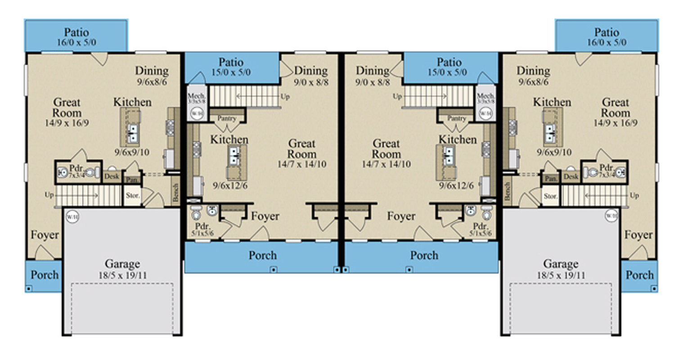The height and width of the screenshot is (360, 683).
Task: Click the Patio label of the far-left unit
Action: pyautogui.click(x=76, y=32)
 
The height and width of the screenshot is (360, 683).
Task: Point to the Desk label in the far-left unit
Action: pyautogui.click(x=112, y=176)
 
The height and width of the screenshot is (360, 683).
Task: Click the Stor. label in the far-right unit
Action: pyautogui.click(x=551, y=197)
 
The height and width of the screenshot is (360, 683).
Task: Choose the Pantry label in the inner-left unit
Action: pyautogui.click(x=227, y=118)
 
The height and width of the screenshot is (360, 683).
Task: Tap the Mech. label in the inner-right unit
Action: pyautogui.click(x=485, y=96)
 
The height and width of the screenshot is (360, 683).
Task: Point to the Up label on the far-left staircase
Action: pyautogui.click(x=49, y=195)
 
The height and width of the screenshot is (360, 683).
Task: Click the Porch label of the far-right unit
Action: pyautogui.click(x=639, y=275)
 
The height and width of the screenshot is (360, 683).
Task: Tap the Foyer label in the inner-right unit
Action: pyautogui.click(x=401, y=216)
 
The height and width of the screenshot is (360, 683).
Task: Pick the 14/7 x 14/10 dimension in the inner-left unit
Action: pyautogui.click(x=301, y=164)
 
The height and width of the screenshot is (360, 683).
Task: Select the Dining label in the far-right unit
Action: pyautogui.click(x=533, y=71)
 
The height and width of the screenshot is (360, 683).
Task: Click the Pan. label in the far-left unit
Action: pyautogui.click(x=132, y=179)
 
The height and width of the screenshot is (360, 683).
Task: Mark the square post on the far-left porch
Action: pyautogui.click(x=29, y=288)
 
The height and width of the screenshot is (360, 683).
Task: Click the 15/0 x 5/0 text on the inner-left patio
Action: pyautogui.click(x=231, y=72)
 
